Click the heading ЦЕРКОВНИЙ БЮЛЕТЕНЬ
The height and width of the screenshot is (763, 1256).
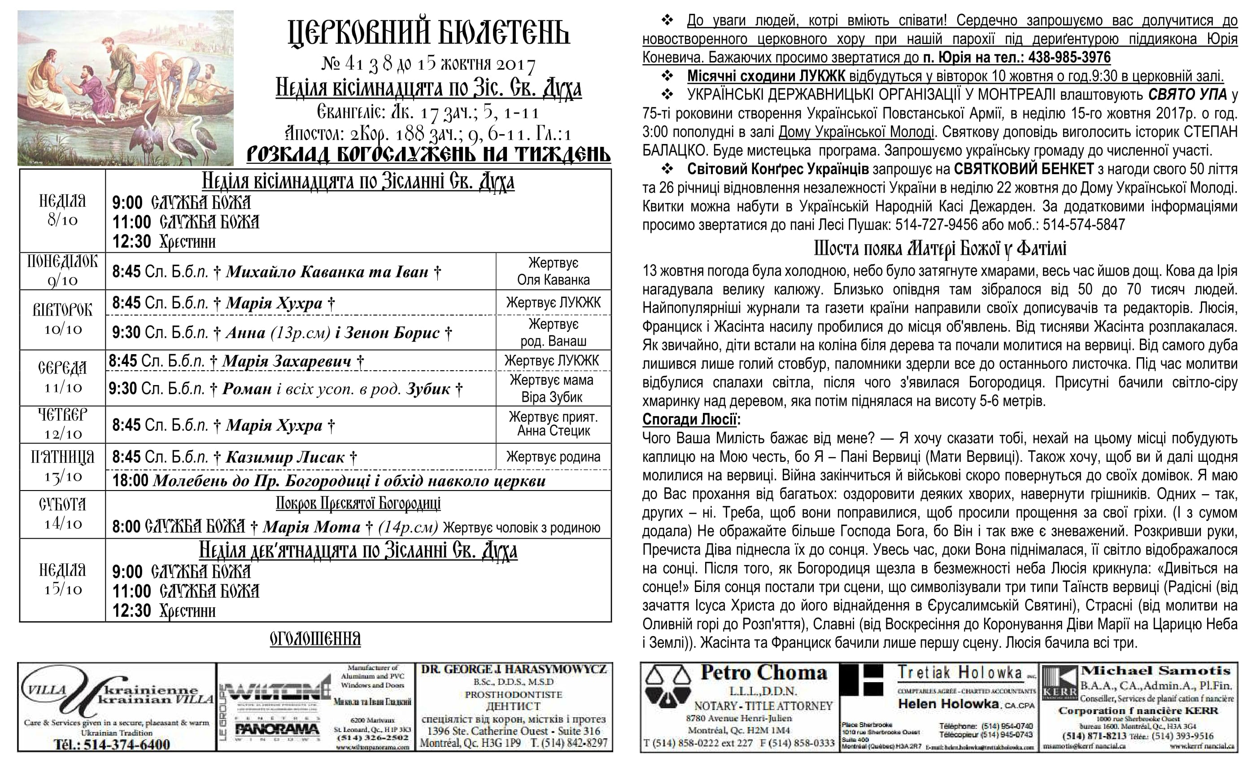pyautogui.click(x=428, y=34)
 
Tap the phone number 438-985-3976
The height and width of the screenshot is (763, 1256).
pyautogui.click(x=1069, y=57)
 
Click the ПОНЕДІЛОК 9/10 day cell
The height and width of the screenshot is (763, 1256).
pyautogui.click(x=62, y=271)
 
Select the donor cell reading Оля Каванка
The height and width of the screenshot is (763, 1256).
pyautogui.click(x=553, y=280)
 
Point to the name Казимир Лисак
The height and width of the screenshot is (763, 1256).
pyautogui.click(x=285, y=457)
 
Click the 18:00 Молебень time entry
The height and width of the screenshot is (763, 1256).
pyautogui.click(x=131, y=480)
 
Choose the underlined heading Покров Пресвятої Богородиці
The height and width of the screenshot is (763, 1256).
pyautogui.click(x=358, y=504)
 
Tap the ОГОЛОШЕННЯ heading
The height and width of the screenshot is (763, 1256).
pyautogui.click(x=315, y=639)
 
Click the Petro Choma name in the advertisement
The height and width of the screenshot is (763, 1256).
pyautogui.click(x=763, y=673)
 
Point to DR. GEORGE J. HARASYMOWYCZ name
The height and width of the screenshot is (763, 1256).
pyautogui.click(x=513, y=670)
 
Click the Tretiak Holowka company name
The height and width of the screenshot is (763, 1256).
pyautogui.click(x=960, y=673)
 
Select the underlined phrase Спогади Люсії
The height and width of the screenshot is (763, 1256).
pyautogui.click(x=689, y=419)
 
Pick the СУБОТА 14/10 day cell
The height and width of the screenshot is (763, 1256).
pyautogui.click(x=62, y=513)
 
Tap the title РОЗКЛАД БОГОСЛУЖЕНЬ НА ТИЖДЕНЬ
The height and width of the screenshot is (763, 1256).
pyautogui.click(x=428, y=154)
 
